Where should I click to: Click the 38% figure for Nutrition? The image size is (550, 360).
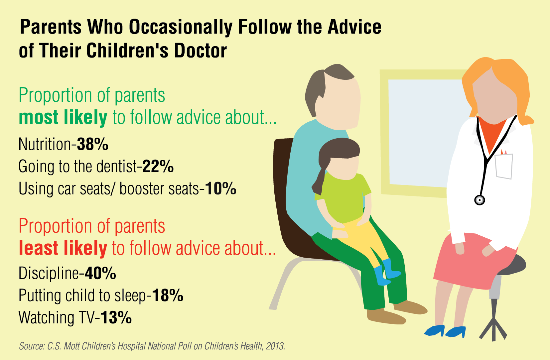point(92,144)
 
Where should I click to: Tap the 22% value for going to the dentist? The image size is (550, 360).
point(158,167)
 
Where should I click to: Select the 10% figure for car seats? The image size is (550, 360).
point(220,188)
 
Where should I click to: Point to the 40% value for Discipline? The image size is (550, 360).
point(100,273)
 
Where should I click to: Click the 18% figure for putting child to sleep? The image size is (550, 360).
point(168,295)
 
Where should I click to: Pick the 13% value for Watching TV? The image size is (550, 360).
point(116,317)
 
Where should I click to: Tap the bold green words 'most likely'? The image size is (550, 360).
point(63,118)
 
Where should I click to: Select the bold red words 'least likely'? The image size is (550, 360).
point(63,248)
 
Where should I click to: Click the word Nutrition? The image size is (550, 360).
point(45,144)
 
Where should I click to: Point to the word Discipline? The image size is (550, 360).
point(49,274)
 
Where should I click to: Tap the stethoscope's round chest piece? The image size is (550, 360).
point(479,200)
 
